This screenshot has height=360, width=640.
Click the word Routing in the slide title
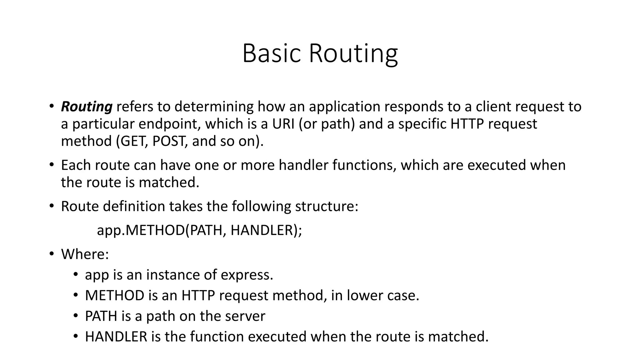(x=353, y=54)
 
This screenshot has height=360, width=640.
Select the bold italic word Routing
(x=87, y=107)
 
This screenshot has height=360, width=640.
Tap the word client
(x=493, y=107)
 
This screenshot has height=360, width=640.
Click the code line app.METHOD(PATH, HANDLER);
(x=199, y=230)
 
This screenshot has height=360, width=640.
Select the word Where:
(x=85, y=254)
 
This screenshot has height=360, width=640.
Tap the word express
(x=247, y=275)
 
